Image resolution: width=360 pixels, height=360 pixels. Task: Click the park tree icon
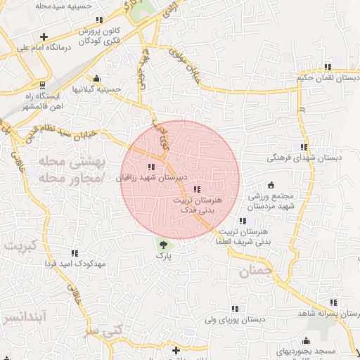coord(164,245)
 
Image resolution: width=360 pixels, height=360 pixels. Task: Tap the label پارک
coord(164,257)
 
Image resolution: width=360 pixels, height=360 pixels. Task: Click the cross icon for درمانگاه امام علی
coord(44,36)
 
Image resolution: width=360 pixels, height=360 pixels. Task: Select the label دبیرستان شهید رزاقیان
coord(151,179)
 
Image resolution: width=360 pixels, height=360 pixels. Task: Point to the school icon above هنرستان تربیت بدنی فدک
coord(195,188)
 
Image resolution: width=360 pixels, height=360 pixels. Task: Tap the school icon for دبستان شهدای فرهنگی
coord(304,147)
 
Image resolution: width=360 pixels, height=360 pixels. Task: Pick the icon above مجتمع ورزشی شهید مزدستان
coord(271,184)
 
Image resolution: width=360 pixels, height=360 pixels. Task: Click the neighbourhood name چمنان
coord(254,271)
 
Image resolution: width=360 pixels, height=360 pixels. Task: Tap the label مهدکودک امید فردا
coord(75,263)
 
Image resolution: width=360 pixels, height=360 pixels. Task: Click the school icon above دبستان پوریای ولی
coord(235,308)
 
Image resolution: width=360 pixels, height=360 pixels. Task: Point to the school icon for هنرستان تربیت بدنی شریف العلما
coord(243,220)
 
